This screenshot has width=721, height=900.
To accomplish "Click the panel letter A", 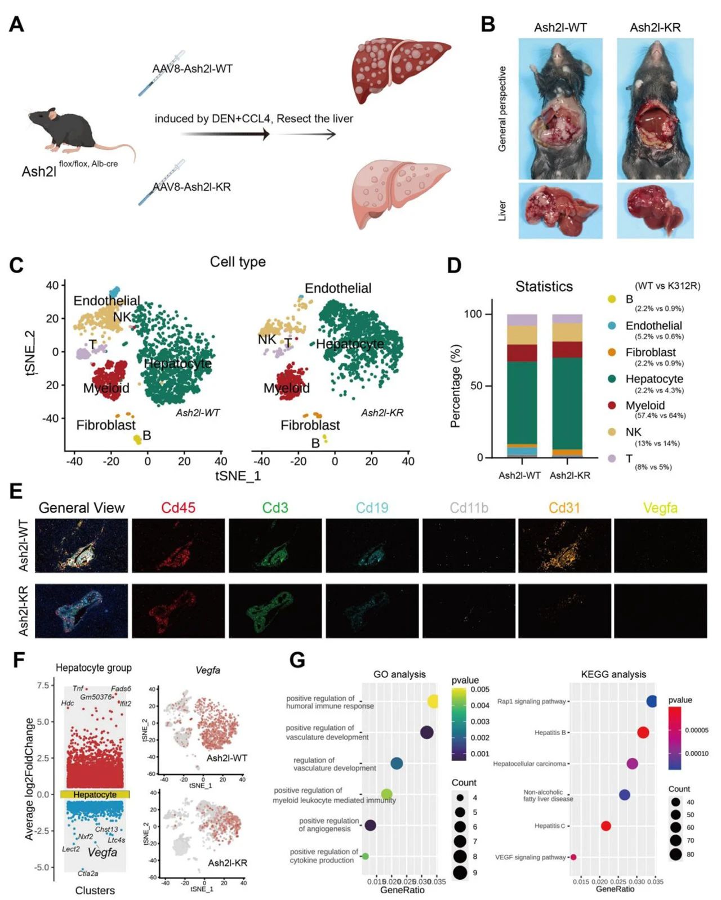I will click(x=17, y=24).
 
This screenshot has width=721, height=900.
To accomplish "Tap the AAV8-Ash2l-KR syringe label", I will click(x=192, y=187).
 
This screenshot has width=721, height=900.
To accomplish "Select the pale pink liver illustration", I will click(x=400, y=191).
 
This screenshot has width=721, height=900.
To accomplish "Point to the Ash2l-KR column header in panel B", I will click(x=655, y=28).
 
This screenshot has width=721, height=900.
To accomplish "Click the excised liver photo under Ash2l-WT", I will click(x=560, y=210).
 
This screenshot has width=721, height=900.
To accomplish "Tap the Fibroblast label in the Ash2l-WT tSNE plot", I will click(x=106, y=425).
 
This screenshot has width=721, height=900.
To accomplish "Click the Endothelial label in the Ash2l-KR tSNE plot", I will click(x=338, y=288).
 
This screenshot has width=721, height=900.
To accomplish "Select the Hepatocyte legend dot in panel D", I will click(x=612, y=379).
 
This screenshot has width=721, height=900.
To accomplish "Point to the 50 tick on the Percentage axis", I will click(x=476, y=386).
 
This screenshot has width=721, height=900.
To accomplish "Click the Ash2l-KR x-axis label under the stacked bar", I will click(x=569, y=475).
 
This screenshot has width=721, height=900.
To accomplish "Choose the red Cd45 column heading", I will click(x=178, y=508).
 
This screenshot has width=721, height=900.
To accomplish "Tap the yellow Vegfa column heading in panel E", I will click(x=660, y=508).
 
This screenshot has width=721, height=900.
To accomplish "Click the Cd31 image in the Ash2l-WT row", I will click(x=564, y=545).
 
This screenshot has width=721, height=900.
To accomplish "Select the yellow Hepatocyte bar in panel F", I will click(x=95, y=795).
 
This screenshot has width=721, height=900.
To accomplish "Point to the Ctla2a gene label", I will click(x=88, y=874).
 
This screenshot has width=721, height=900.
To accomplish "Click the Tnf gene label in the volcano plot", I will click(x=78, y=689).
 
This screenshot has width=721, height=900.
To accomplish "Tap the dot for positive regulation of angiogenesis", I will click(x=370, y=825).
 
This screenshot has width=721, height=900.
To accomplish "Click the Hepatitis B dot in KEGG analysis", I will click(x=643, y=733).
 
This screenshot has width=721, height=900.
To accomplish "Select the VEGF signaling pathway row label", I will click(x=530, y=857).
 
